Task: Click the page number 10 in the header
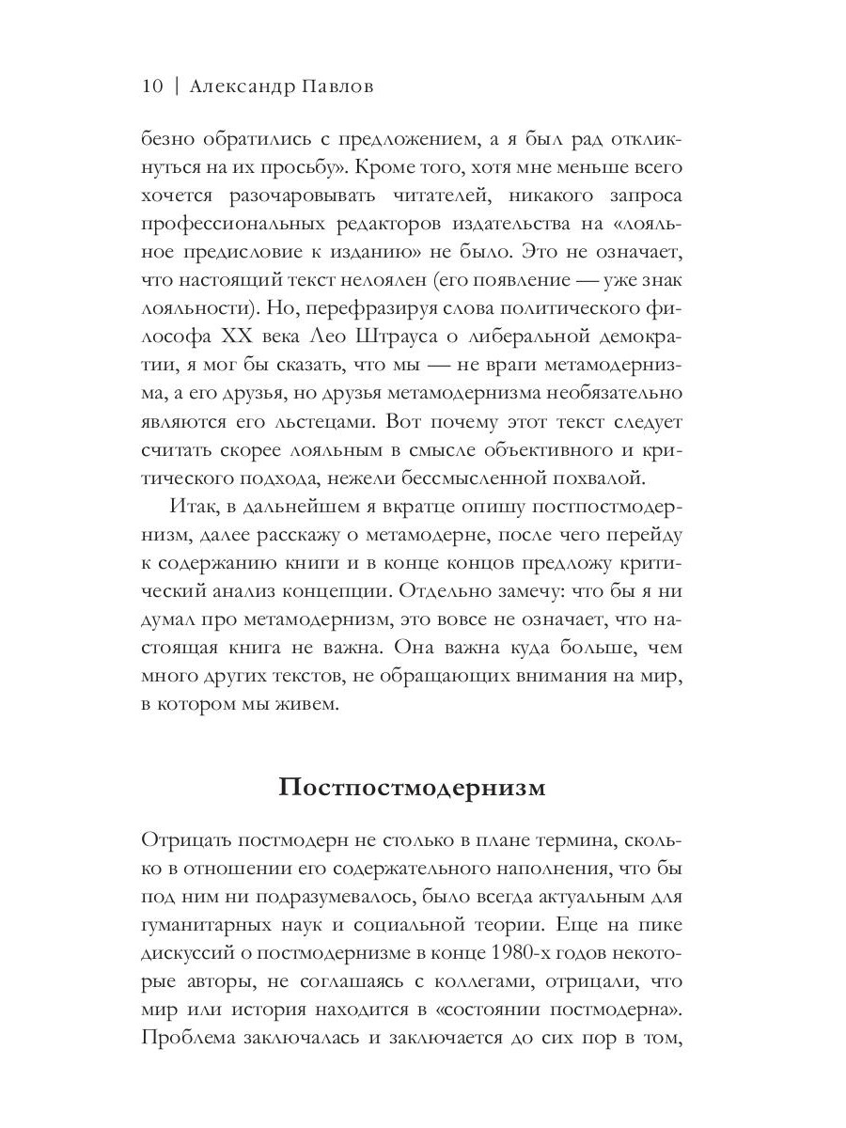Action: click(152, 86)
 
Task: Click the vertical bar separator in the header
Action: click(176, 86)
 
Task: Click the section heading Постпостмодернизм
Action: click(412, 787)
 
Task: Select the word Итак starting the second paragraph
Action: click(192, 507)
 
